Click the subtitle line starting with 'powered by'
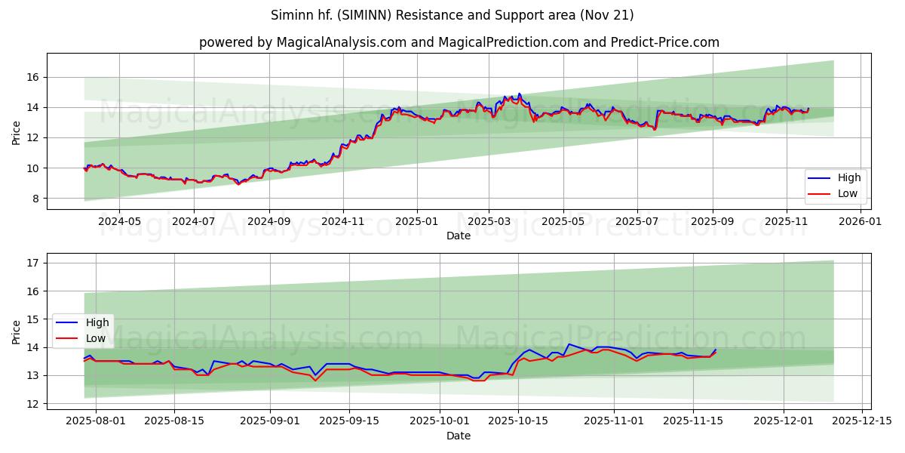(459, 42)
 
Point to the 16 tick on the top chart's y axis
(34, 77)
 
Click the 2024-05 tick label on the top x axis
(119, 222)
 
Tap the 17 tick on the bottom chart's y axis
(34, 263)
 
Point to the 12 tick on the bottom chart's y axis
(34, 404)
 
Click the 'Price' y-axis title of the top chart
(17, 131)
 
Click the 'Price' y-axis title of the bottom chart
(17, 332)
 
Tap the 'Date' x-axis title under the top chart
(459, 236)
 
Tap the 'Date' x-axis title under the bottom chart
(459, 436)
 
